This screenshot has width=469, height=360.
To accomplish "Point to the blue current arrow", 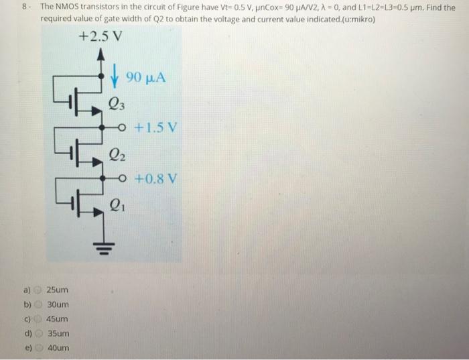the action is click(116, 76).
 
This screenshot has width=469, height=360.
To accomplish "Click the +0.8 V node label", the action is click(157, 179).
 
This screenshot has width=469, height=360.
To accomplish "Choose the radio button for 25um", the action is click(38, 290).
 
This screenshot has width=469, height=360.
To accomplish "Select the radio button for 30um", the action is click(38, 305).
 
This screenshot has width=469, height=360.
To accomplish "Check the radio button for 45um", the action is click(38, 319).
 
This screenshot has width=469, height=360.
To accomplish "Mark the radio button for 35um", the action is click(38, 334).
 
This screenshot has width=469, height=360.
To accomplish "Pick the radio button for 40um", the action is click(38, 348).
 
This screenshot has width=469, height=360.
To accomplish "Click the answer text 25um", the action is click(57, 290).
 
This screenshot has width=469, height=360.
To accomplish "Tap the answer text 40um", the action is click(57, 348).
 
